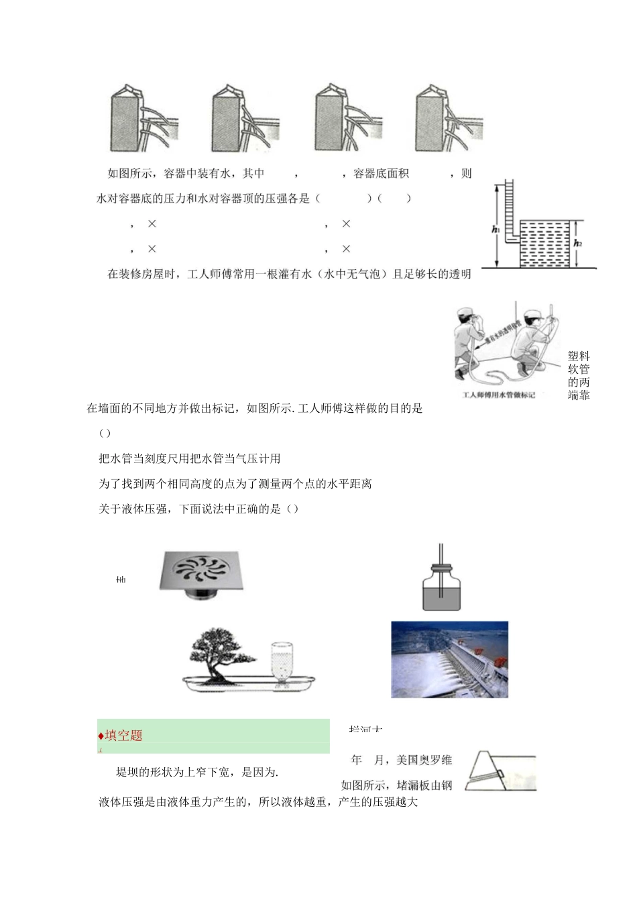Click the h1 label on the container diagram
coord(496,230)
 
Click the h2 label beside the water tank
coord(577,243)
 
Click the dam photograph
coord(449,659)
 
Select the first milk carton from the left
coord(128,119)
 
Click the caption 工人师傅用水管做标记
coord(498,395)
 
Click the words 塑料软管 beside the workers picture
coord(579,362)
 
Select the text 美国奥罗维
coord(424,760)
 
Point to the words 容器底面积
coord(380,173)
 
